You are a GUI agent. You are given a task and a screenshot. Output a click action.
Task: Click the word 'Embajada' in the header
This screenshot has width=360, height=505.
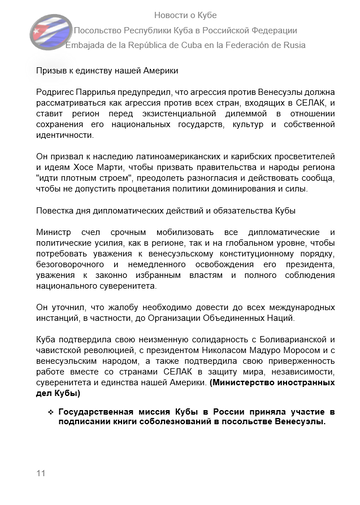pos(92,46)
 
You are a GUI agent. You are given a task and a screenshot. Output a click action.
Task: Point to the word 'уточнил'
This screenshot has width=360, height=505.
pos(74,306)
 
